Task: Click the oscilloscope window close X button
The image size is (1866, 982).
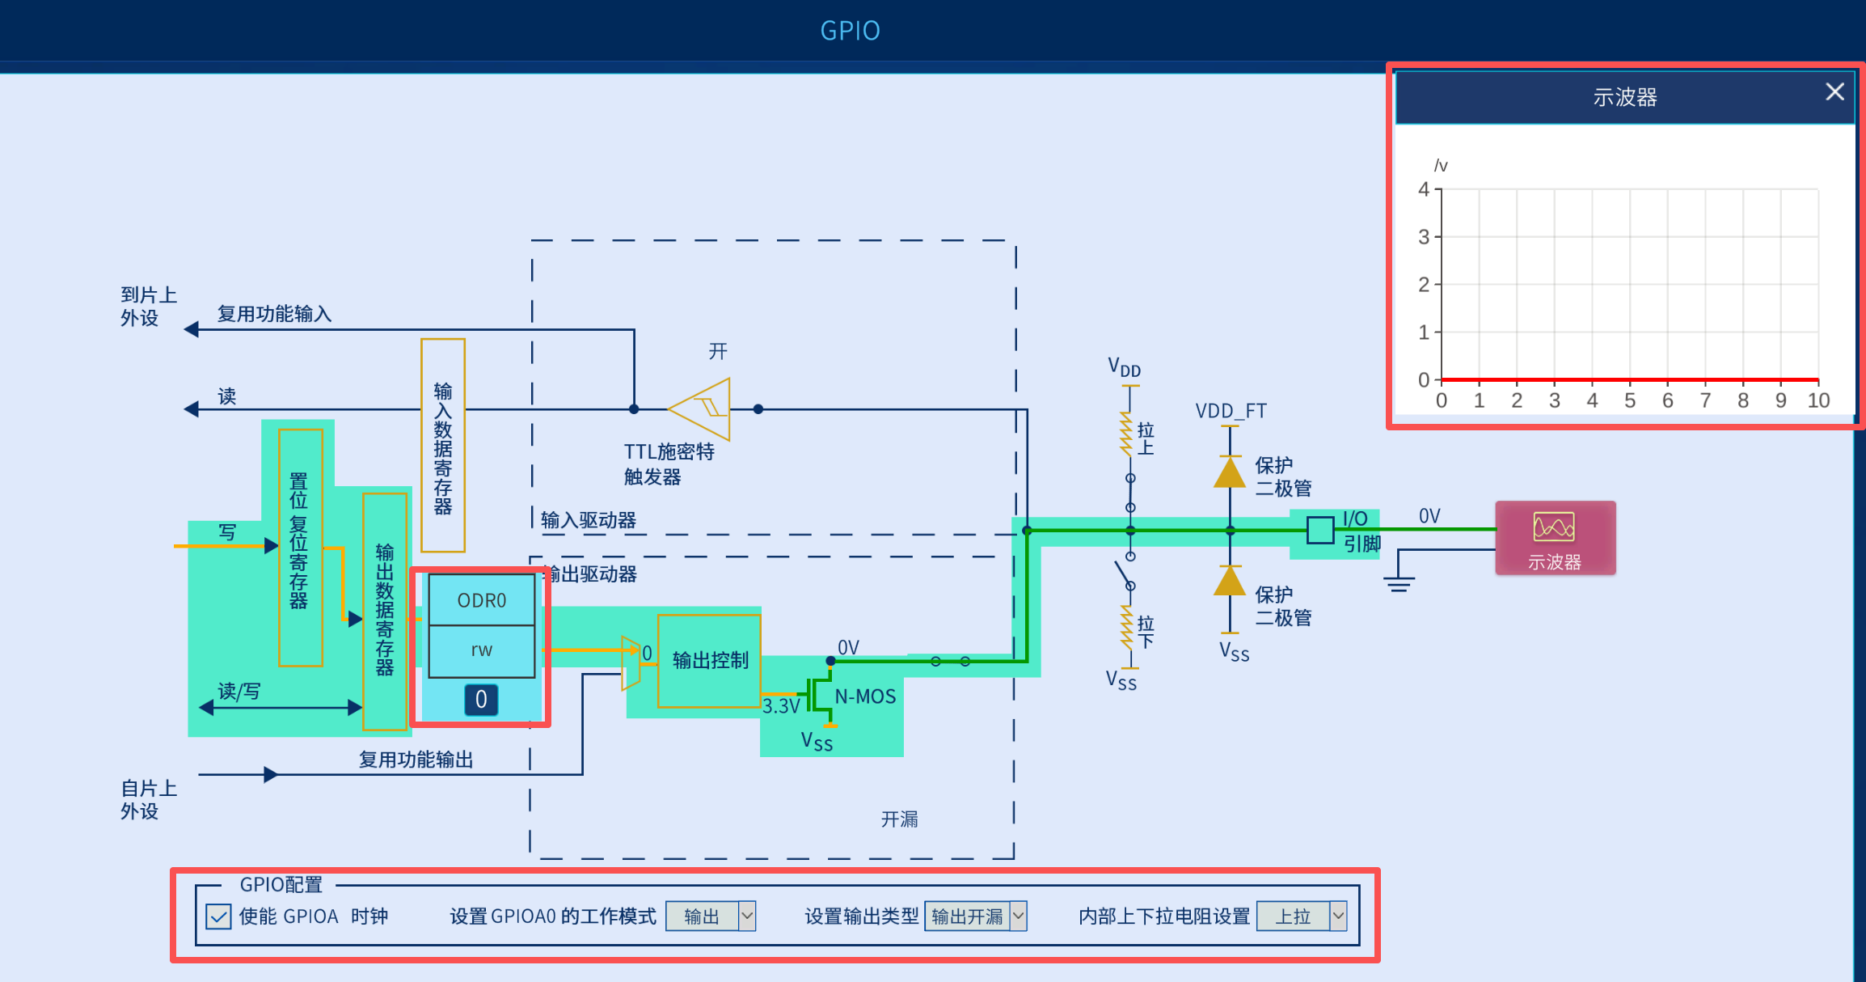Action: [1834, 92]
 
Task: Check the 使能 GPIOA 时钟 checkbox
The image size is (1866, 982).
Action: [218, 916]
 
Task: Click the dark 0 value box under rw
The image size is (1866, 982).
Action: [481, 700]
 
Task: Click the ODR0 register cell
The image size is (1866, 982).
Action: [481, 600]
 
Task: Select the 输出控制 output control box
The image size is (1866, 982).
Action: [709, 661]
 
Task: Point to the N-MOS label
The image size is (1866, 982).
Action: [865, 696]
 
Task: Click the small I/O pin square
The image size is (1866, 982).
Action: [1319, 530]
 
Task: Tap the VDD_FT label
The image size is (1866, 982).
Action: [1231, 411]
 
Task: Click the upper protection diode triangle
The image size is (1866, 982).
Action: [1229, 473]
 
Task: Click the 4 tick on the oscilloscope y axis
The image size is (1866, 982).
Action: [1424, 190]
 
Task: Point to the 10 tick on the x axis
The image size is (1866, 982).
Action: [1818, 400]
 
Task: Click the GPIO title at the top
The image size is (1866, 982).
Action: [850, 31]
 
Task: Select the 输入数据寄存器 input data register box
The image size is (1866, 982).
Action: [443, 446]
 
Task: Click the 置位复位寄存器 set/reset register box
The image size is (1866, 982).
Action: [300, 548]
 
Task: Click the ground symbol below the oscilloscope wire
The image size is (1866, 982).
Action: [1399, 583]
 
